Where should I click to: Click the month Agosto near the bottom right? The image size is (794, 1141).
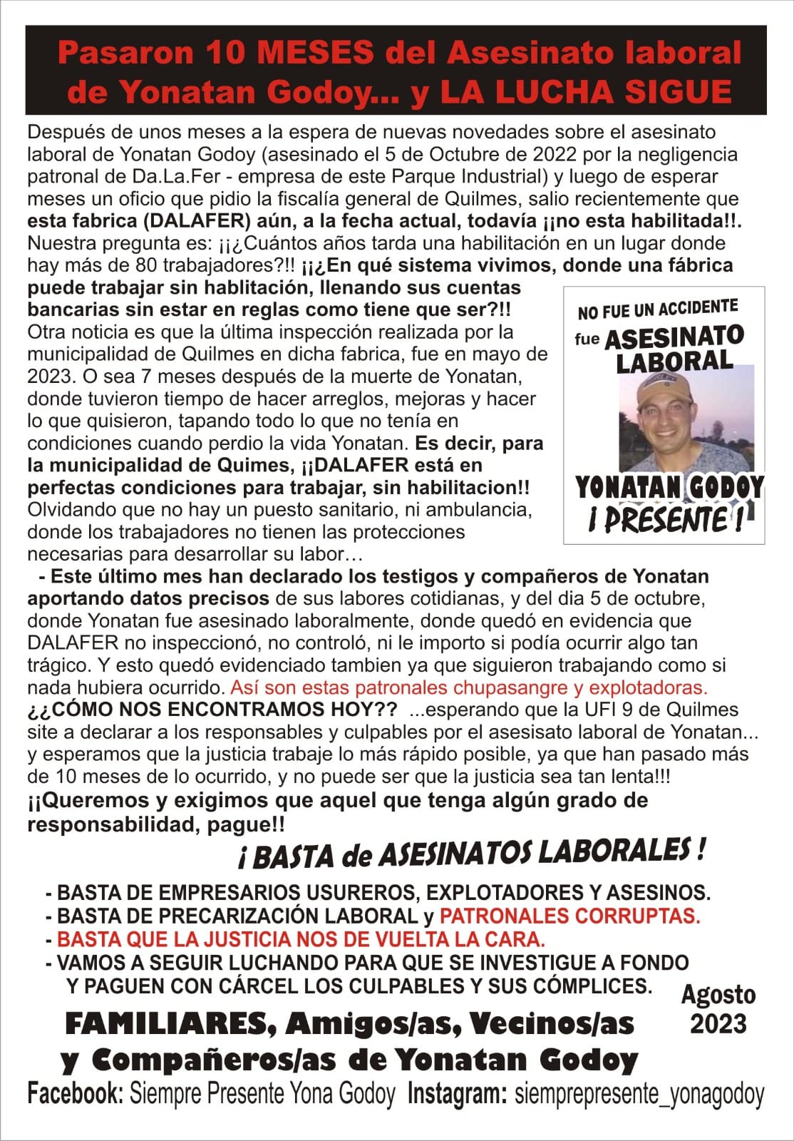(x=718, y=994)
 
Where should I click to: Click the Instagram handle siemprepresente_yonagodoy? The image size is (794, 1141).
(x=639, y=1094)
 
